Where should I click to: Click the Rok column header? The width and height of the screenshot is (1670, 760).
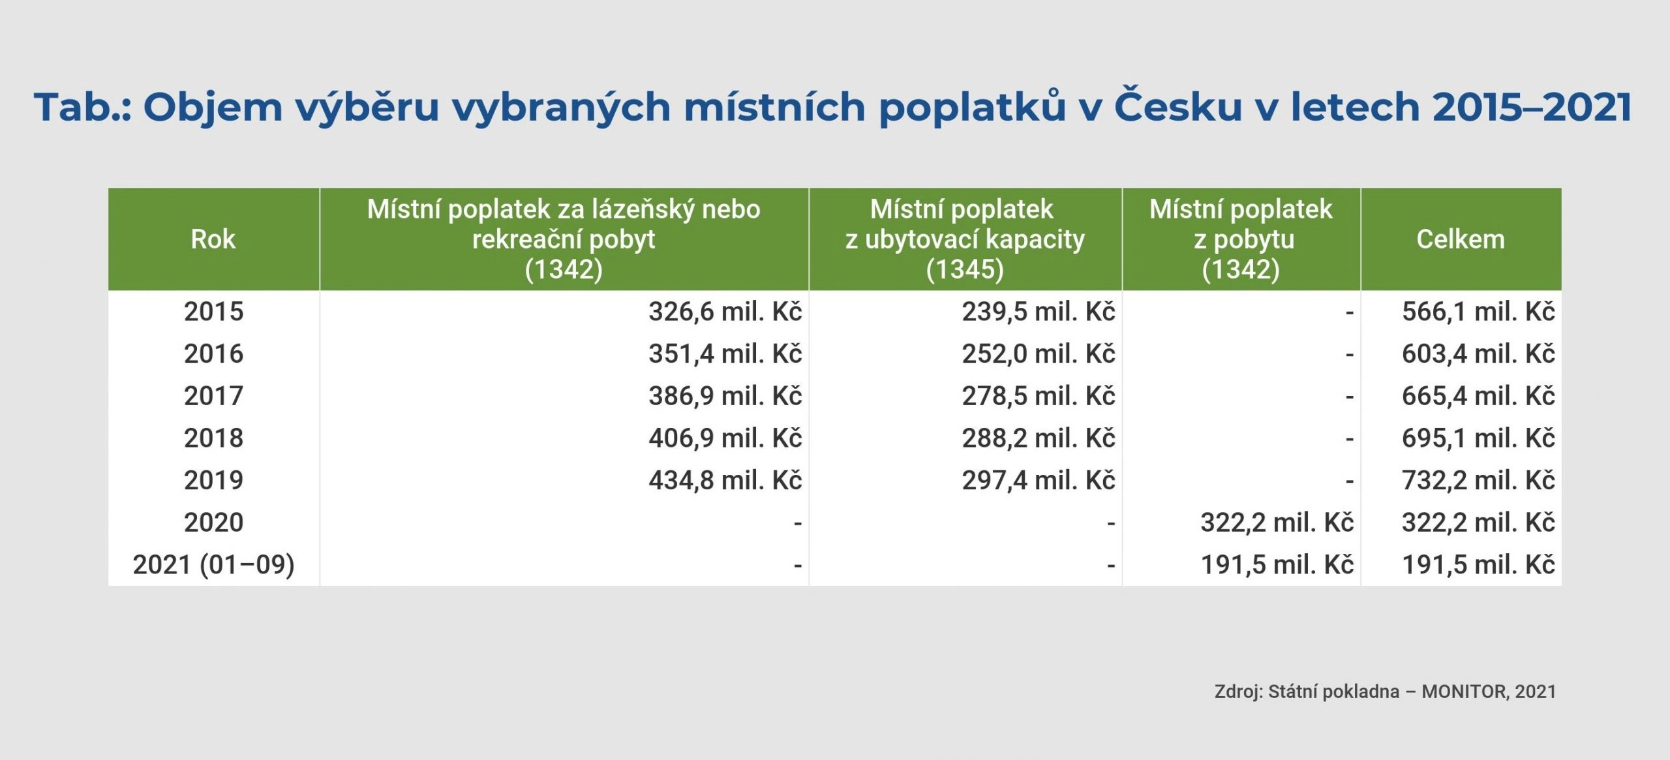(x=213, y=239)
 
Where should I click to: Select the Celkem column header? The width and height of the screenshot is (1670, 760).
(x=1461, y=239)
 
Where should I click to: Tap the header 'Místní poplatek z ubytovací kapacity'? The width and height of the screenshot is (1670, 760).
(x=965, y=239)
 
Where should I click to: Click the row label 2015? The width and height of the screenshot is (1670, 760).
(x=213, y=312)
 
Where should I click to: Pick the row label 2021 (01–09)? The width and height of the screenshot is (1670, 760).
(x=213, y=565)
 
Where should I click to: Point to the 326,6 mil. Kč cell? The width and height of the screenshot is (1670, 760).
(x=725, y=312)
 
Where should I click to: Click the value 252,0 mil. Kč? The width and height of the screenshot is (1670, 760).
(x=1039, y=354)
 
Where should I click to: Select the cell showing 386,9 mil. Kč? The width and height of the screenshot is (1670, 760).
(x=725, y=396)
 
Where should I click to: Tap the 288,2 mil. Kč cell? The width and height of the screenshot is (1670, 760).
(x=1039, y=438)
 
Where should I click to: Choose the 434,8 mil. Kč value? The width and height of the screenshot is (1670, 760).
(x=725, y=481)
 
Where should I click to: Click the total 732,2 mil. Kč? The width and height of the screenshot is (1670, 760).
(x=1478, y=481)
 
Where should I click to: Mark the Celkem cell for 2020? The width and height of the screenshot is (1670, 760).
(x=1478, y=523)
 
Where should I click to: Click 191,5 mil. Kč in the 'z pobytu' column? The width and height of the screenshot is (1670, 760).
(x=1277, y=565)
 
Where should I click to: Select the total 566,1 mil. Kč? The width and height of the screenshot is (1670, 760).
(x=1478, y=312)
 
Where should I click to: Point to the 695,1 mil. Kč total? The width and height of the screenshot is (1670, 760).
(x=1478, y=438)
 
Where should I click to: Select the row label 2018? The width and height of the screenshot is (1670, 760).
(x=213, y=438)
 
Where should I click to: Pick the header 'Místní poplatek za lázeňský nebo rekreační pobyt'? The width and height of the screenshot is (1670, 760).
(x=564, y=239)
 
